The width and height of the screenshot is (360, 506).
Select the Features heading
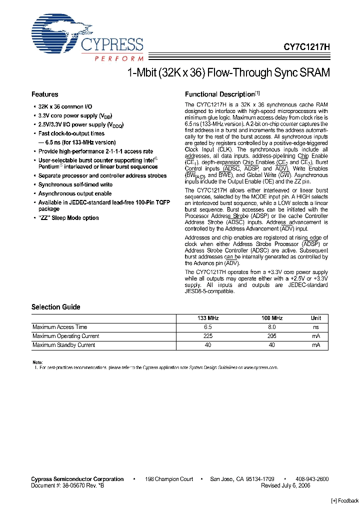[x=45, y=94]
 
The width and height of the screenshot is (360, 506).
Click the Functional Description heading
[x=220, y=94]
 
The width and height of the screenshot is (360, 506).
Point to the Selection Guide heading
[x=55, y=307]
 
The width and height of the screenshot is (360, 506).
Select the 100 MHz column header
[x=272, y=318]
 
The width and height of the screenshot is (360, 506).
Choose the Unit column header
[x=316, y=318]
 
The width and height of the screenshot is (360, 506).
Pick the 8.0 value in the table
[x=272, y=327]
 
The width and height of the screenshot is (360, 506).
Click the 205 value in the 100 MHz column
[x=272, y=336]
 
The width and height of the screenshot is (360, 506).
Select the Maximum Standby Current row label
[x=63, y=345]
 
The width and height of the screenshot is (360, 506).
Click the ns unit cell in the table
[x=316, y=327]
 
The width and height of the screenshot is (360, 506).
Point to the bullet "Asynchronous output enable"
[x=75, y=193]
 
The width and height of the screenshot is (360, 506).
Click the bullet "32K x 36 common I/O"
[x=65, y=106]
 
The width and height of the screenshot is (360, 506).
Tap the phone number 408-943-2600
[x=311, y=479]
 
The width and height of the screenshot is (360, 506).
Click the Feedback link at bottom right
[x=345, y=500]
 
